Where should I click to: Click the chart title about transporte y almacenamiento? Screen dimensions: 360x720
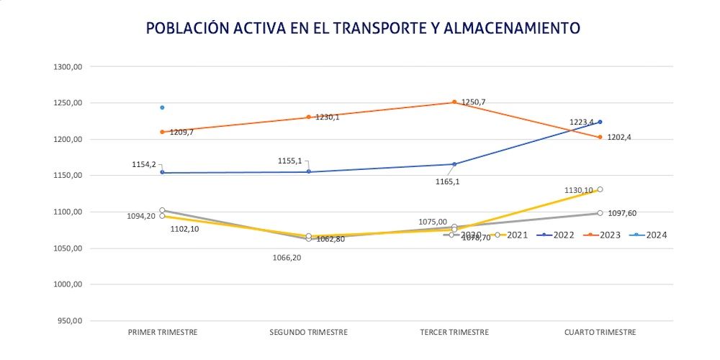pos(363,28)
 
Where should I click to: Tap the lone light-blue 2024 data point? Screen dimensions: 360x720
pos(162,107)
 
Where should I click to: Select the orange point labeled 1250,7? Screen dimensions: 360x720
pos(454,102)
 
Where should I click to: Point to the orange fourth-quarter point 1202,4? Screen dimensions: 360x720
pos(600,137)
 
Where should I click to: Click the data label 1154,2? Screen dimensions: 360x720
pos(143,164)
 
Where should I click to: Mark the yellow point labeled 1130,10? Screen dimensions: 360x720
pos(600,189)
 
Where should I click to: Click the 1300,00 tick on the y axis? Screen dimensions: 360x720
pos(69,67)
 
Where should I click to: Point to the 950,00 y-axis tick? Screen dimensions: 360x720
pos(71,321)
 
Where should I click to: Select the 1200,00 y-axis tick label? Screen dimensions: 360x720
pos(69,140)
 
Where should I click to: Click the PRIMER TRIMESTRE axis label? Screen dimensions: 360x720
pos(162,332)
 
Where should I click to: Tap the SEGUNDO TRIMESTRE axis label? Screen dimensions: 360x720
pos(308,332)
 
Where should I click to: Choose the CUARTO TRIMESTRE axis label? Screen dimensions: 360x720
pos(600,332)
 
